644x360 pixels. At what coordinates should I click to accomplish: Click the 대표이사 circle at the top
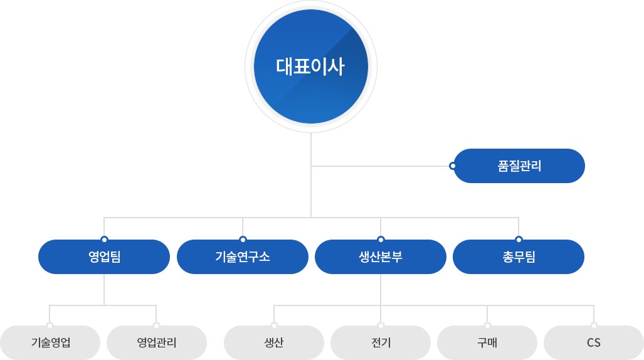[x=311, y=66]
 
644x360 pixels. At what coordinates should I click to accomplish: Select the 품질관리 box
[x=519, y=166]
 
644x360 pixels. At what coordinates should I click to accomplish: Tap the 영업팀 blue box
[x=104, y=257]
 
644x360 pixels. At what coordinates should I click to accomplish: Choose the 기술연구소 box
[x=243, y=257]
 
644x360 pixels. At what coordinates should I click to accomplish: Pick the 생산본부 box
[x=381, y=257]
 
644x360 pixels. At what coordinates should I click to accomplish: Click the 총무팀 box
[x=519, y=257]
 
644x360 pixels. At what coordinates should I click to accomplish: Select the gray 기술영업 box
[x=50, y=342]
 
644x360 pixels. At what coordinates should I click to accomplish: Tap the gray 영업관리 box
[x=157, y=342]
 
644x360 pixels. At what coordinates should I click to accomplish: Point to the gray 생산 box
[x=274, y=342]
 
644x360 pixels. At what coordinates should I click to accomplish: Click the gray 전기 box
[x=381, y=342]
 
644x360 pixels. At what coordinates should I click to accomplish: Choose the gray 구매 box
[x=487, y=342]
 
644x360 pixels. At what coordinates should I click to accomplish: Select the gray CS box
[x=594, y=342]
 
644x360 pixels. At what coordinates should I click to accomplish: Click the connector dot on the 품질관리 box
[x=453, y=166]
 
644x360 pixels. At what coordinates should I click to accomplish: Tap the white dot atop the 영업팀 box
[x=104, y=239]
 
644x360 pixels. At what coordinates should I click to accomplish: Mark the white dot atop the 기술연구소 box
[x=243, y=239]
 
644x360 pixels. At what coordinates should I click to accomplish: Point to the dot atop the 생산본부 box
[x=381, y=239]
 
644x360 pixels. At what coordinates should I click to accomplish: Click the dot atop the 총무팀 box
[x=519, y=239]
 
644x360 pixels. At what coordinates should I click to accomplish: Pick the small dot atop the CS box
[x=594, y=326]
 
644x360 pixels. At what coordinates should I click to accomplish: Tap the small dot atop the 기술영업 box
[x=50, y=326]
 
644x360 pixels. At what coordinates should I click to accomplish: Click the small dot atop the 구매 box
[x=487, y=326]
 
